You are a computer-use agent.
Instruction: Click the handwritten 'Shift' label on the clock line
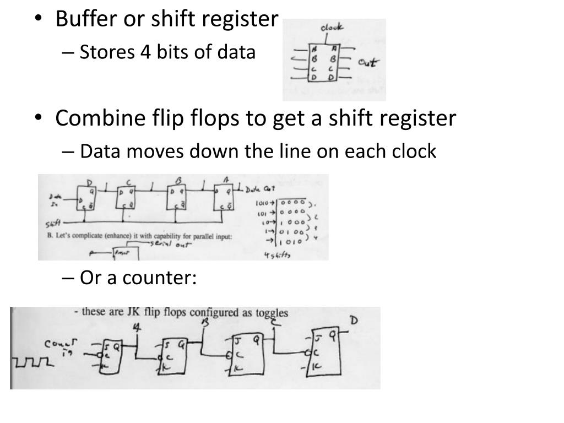(x=54, y=224)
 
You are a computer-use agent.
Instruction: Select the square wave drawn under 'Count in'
(x=32, y=362)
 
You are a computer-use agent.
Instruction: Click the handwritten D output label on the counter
(x=355, y=321)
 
